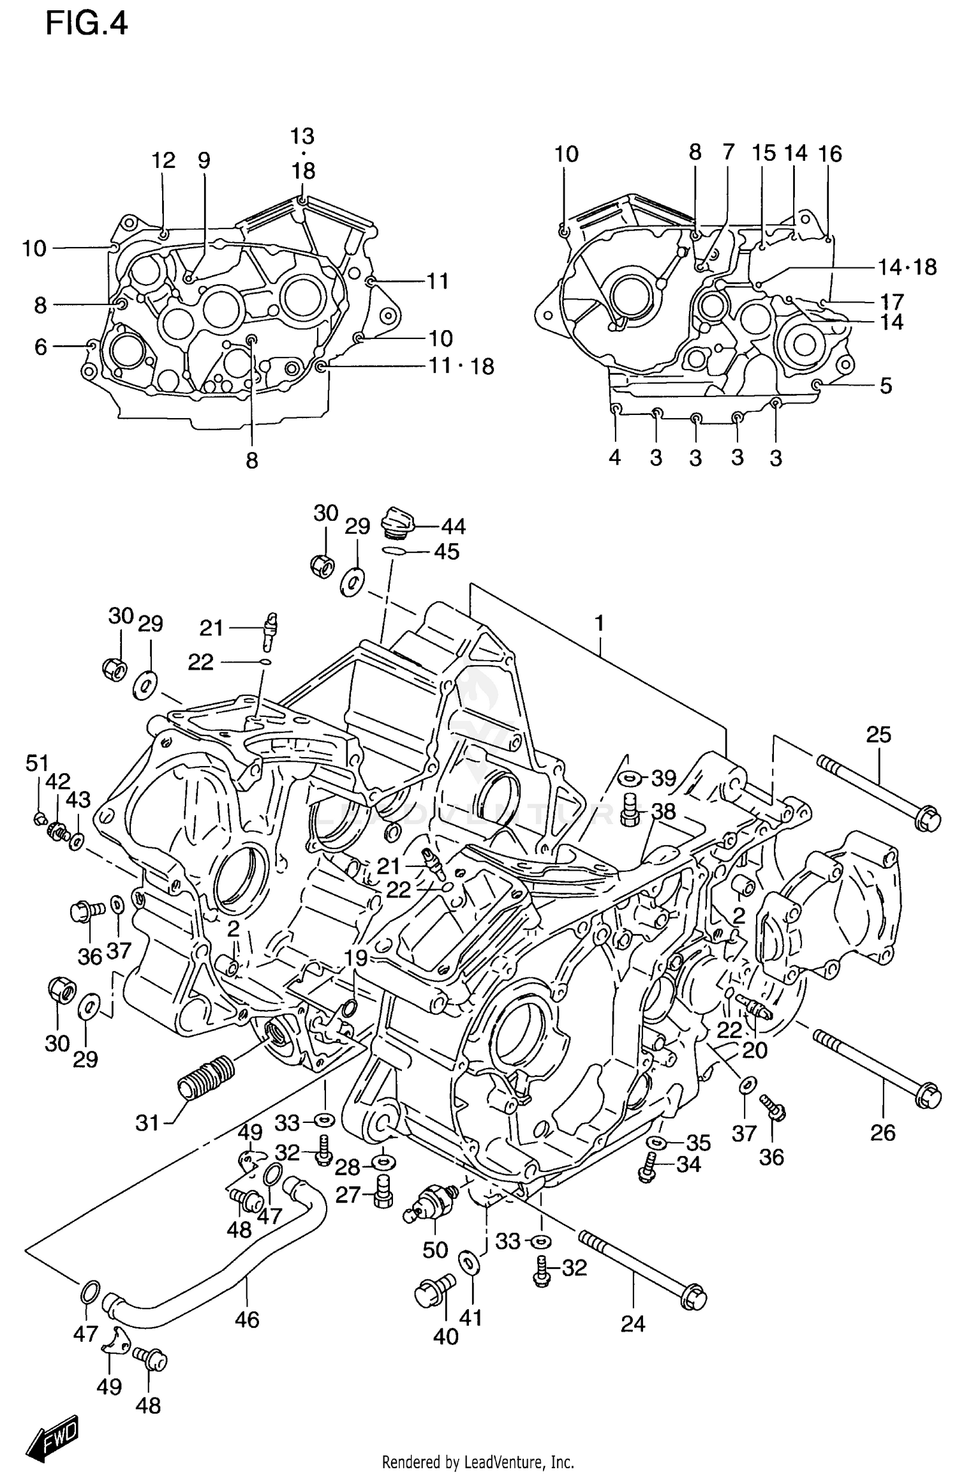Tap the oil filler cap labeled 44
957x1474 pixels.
(397, 522)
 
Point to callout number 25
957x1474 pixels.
(878, 735)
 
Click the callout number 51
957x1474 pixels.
(37, 762)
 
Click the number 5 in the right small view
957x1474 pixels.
(886, 386)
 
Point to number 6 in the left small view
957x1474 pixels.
(41, 347)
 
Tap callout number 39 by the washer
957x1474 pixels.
(664, 778)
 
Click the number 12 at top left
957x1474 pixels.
(163, 160)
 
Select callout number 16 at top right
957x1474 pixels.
(830, 153)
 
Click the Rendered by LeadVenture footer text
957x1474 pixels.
(478, 1462)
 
